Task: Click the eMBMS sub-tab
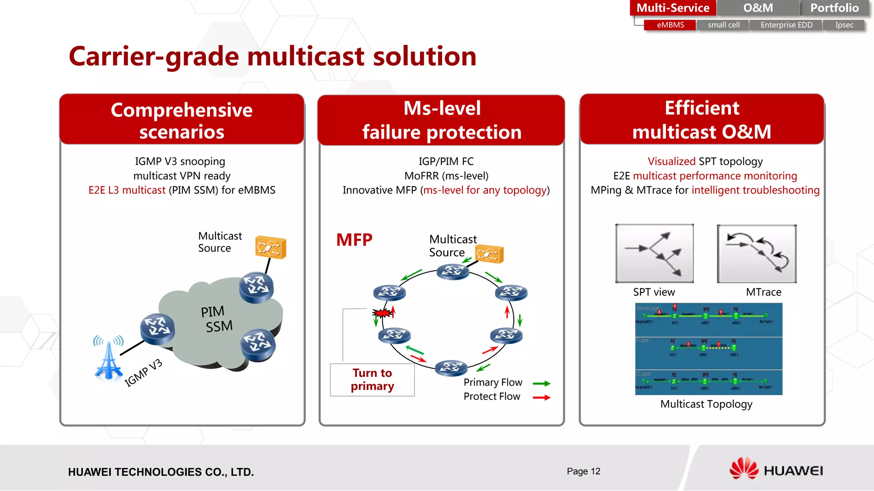[670, 25]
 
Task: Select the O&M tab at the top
[758, 8]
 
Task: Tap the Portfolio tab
[834, 8]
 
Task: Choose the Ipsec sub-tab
[844, 25]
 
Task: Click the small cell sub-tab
[723, 25]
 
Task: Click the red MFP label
[354, 240]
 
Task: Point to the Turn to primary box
[372, 379]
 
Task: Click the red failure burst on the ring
[382, 314]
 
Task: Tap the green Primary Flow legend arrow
[542, 384]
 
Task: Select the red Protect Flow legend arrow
[542, 398]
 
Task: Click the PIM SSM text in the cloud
[217, 319]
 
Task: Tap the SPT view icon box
[654, 253]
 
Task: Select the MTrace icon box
[757, 254]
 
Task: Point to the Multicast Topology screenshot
[708, 349]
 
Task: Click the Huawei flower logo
[743, 468]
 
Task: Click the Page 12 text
[583, 471]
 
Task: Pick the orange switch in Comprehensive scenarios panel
[271, 247]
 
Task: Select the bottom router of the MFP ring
[451, 367]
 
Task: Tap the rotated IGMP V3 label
[143, 373]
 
